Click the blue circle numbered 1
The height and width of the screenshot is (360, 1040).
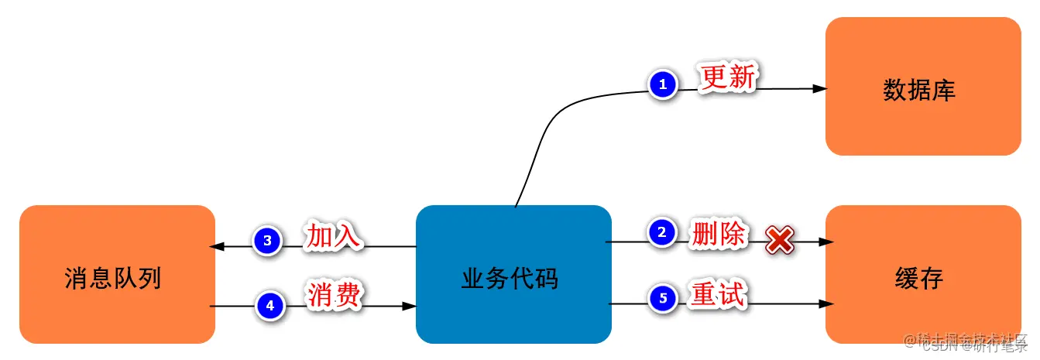coord(662,84)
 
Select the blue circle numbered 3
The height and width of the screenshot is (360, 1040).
coord(267,241)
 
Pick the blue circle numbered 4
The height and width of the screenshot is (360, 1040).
coord(270,306)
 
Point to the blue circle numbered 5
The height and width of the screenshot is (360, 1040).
coord(662,297)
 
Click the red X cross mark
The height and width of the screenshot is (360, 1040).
coord(779,241)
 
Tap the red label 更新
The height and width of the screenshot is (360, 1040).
coord(727,78)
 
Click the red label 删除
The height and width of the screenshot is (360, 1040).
coord(718,233)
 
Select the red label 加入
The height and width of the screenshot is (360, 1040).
coord(334,236)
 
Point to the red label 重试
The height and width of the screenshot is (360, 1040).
coord(718,294)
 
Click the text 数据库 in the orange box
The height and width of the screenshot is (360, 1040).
coord(919,91)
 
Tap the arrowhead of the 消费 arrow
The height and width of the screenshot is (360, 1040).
coord(410,307)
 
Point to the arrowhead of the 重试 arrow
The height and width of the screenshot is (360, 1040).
coord(826,304)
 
